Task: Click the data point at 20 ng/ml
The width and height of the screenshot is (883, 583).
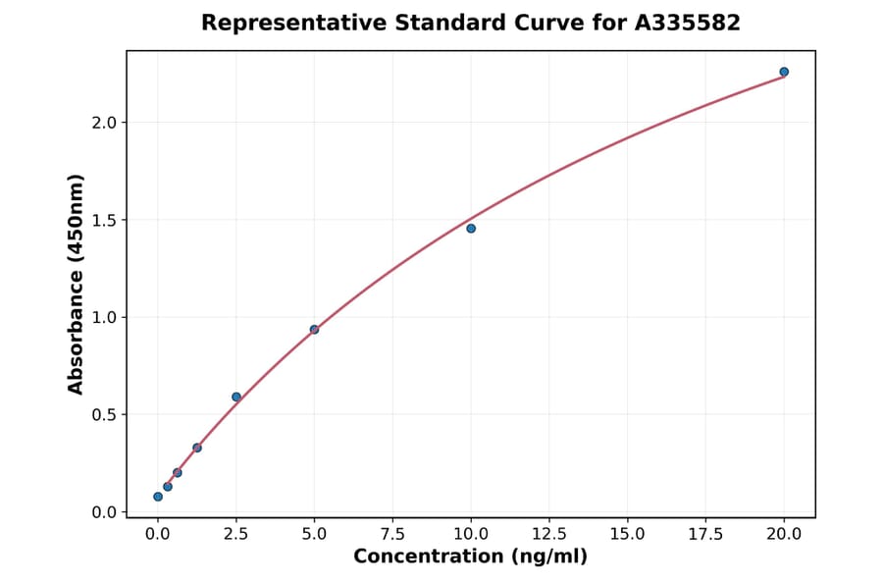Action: (x=784, y=72)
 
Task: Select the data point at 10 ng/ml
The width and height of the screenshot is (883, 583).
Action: (x=471, y=229)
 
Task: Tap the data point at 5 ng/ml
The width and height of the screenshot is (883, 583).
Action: (x=314, y=330)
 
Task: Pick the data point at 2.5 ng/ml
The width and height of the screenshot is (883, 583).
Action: (x=236, y=397)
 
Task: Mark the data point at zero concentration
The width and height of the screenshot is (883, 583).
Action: (x=158, y=497)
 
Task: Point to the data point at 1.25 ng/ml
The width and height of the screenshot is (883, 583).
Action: (x=197, y=448)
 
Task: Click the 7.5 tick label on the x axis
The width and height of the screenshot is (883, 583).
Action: (x=392, y=534)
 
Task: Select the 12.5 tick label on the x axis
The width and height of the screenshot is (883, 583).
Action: (x=549, y=534)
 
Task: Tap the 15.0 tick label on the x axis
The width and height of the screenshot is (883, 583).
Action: (x=628, y=534)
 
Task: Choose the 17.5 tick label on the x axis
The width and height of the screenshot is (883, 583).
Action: (x=705, y=534)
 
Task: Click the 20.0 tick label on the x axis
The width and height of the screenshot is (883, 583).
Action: (x=784, y=534)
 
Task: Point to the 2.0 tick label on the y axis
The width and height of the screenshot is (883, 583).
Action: (x=105, y=123)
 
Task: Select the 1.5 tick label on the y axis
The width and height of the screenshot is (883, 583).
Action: (x=105, y=220)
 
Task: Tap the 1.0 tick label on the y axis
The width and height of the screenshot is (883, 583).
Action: (x=105, y=317)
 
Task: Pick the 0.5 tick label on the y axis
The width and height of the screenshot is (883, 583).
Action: (x=105, y=414)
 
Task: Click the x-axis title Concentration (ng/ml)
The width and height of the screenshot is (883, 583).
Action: (x=470, y=557)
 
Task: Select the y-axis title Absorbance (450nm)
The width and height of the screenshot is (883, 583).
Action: (x=77, y=285)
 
